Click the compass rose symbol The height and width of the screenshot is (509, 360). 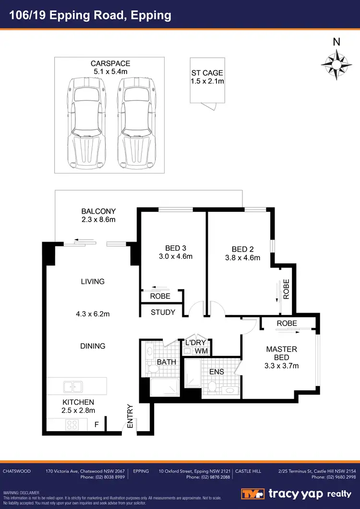tap(336, 62)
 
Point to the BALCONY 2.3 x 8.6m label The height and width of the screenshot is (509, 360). tap(98, 215)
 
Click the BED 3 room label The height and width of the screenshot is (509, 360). tap(175, 252)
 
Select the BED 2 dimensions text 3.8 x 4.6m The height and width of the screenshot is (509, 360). tap(242, 257)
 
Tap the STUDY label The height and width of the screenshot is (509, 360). tap(163, 313)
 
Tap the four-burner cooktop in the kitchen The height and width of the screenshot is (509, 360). tap(72, 424)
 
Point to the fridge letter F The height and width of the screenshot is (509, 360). tap(96, 424)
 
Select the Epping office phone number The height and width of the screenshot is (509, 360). tap(208, 477)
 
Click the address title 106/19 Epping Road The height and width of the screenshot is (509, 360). tap(91, 15)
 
